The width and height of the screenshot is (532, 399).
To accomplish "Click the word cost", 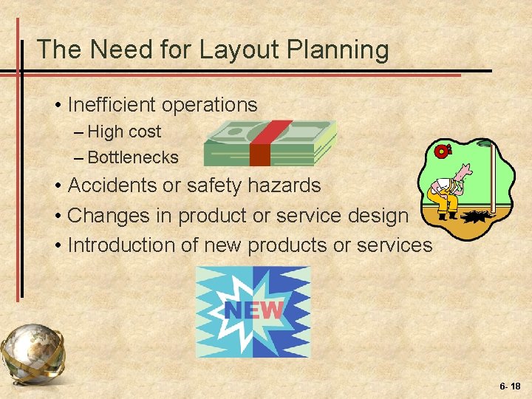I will coord(144,132).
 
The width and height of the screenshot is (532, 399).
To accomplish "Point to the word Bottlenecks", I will coord(133,157).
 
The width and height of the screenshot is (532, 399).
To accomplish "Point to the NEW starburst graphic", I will coord(253,311).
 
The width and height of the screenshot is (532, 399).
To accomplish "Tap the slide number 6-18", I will coord(509,386).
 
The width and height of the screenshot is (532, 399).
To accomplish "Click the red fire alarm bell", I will coord(441,151).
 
